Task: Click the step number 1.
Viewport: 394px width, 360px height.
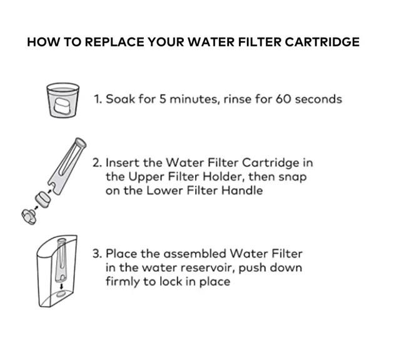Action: pyautogui.click(x=98, y=99)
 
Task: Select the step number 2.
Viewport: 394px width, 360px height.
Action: pyautogui.click(x=97, y=162)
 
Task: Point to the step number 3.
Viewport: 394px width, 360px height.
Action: pyautogui.click(x=97, y=254)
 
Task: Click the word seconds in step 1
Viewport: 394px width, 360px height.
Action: pyautogui.click(x=319, y=99)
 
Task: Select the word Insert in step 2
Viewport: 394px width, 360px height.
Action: pyautogui.click(x=122, y=162)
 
